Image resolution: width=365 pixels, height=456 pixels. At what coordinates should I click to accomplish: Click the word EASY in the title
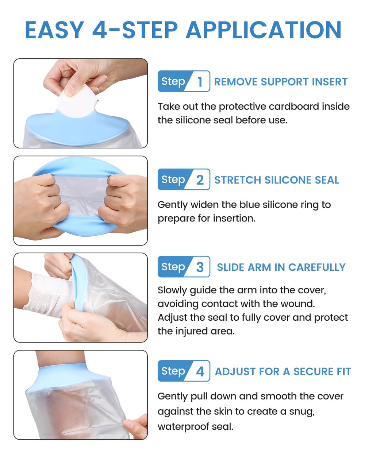(55, 30)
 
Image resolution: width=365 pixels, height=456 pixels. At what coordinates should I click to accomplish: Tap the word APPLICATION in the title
(264, 30)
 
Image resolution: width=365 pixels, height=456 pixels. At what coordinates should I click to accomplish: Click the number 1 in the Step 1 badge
(200, 82)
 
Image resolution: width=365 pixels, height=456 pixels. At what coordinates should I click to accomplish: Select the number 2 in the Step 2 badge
(200, 180)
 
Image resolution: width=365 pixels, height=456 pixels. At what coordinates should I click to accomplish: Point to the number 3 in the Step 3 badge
(200, 267)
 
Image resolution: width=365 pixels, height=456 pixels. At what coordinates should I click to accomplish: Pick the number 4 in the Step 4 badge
(200, 371)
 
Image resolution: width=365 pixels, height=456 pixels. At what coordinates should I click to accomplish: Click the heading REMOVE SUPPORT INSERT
(281, 82)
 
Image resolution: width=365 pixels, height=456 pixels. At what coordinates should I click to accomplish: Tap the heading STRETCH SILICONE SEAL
(277, 180)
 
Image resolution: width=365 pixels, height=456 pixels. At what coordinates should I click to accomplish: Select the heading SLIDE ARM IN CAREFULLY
(281, 267)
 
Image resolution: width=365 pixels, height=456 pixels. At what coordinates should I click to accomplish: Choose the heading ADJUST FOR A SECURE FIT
(283, 371)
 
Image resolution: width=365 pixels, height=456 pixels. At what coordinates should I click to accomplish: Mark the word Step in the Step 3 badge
(173, 267)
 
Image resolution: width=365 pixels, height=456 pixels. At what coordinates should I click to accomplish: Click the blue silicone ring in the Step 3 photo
(78, 282)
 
